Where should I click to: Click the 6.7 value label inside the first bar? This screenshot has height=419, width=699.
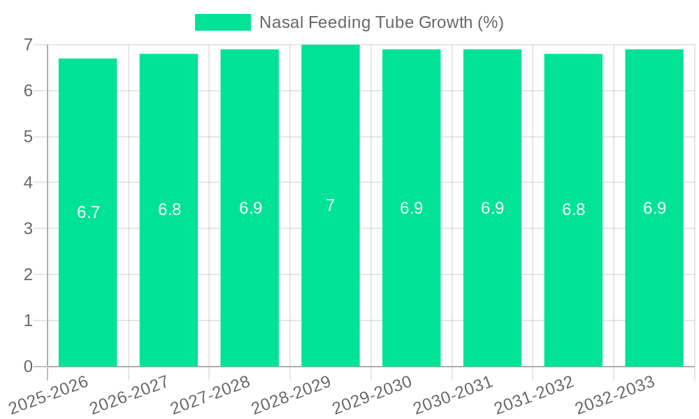89,212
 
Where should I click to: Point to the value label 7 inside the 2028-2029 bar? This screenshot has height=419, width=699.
331,205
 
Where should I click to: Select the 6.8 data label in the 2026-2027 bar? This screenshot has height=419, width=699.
169,209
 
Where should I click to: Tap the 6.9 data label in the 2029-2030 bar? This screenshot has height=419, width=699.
412,208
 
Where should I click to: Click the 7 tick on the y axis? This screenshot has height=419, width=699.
28,45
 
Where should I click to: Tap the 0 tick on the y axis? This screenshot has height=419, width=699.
28,367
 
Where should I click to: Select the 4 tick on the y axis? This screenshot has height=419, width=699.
28,183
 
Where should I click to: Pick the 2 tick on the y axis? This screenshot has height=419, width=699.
28,274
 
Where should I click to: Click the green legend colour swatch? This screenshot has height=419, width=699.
222,22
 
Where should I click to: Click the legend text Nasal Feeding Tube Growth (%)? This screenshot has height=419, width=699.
381,22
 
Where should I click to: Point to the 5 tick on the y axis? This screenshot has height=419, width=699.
28,137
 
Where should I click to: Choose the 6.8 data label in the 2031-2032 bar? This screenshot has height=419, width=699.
573,209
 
